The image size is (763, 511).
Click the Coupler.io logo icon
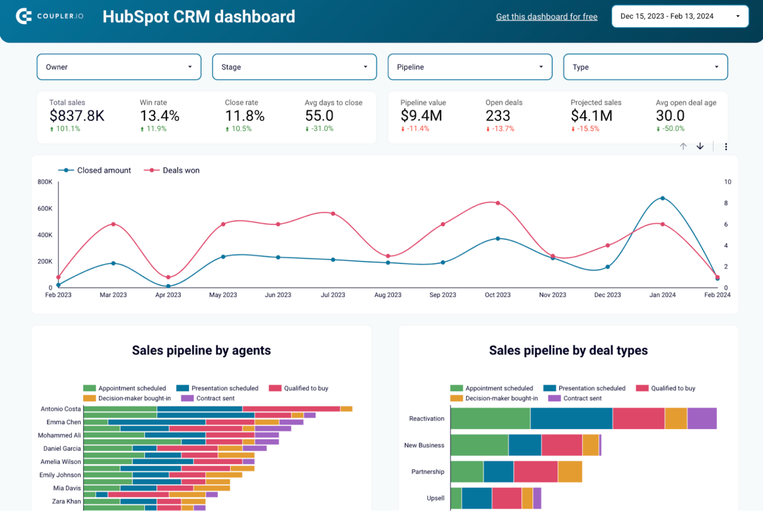pos(24,16)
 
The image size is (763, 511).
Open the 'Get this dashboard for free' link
pos(546,17)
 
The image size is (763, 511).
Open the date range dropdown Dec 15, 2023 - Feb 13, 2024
pos(680,16)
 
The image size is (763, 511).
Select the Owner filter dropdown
pos(119,67)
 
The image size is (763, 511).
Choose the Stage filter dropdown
pos(294,67)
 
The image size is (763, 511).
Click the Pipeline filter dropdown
pos(469,67)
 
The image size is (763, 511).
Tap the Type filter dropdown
pos(645,67)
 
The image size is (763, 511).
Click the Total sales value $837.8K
pos(77,116)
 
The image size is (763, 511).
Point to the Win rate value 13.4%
pos(159,116)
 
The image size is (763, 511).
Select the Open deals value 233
pos(498,116)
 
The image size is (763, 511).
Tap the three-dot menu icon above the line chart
pos(726,147)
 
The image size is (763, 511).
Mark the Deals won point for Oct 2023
pos(498,203)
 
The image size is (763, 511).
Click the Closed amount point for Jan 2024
pos(663,198)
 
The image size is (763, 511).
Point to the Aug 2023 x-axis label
pos(387,295)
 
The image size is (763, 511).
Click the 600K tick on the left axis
pos(45,209)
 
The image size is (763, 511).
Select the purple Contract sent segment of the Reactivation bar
pos(701,419)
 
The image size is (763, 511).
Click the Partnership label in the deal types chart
pos(428,472)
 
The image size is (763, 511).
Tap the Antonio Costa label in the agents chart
pos(61,409)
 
